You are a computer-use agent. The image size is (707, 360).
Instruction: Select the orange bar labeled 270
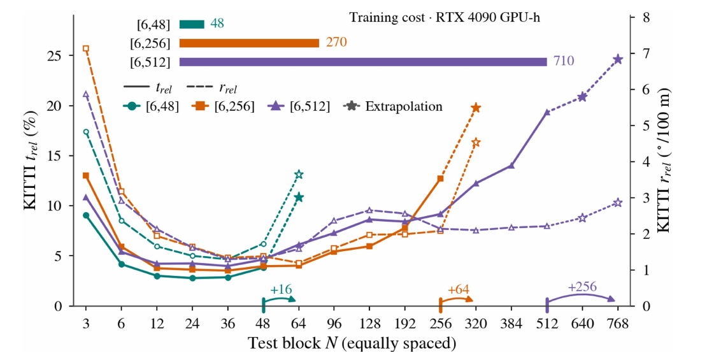point(249,43)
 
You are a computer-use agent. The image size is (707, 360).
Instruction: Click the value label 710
point(564,61)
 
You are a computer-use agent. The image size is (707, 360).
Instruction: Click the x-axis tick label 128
point(369,324)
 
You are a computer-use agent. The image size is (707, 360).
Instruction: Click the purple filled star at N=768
point(618,59)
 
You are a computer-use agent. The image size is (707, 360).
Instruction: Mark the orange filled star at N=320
point(476,108)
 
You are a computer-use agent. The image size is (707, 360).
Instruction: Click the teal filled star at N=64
point(299,197)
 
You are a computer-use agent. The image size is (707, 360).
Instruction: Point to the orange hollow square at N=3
point(86,48)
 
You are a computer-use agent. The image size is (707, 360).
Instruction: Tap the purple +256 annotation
point(582,287)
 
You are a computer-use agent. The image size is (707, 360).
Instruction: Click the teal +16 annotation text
point(282,289)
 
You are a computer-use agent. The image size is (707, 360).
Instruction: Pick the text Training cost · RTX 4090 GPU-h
point(444,18)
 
